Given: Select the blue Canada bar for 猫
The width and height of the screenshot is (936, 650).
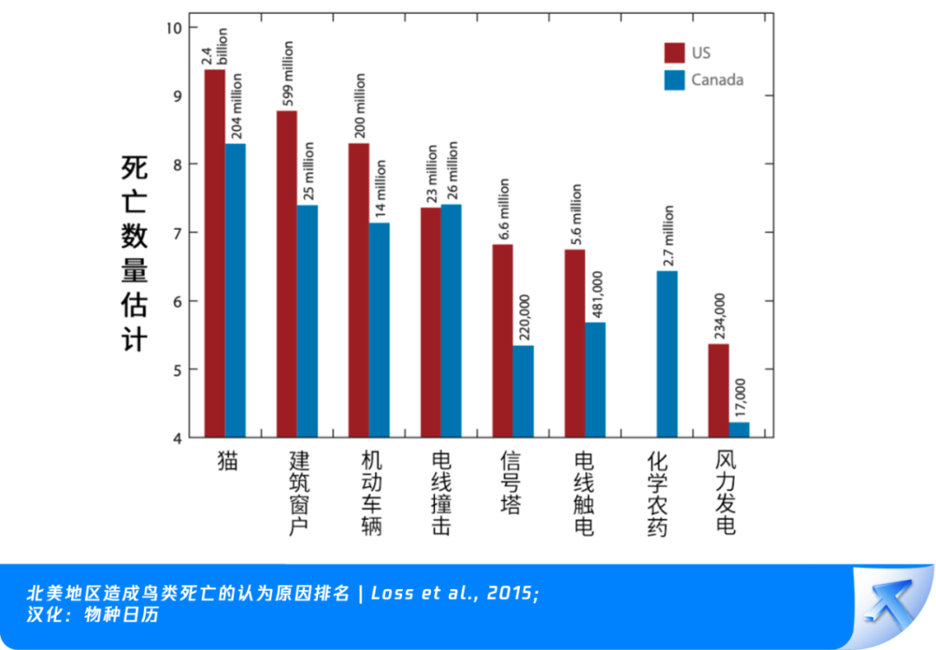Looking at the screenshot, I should [235, 290].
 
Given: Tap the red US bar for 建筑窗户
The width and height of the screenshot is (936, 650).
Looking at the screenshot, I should [286, 274].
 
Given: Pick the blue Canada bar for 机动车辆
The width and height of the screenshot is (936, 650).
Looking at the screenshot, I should [379, 330].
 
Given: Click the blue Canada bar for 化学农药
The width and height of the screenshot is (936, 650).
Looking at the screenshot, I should [666, 354].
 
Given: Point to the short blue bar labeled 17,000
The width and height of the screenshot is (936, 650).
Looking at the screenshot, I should [738, 430].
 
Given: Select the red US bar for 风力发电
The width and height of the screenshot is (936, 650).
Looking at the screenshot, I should [718, 391].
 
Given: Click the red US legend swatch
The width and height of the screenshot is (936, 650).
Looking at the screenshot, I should [674, 52].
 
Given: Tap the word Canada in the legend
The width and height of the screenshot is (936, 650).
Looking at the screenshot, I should [717, 80].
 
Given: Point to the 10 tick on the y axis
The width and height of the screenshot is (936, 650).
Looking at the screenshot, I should [174, 28].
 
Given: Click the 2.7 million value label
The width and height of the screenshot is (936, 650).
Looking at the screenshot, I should [667, 237].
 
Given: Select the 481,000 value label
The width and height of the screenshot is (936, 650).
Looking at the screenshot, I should [596, 296].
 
